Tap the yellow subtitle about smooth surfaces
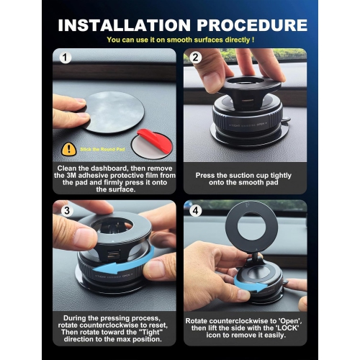click(x=179, y=41)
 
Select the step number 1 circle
click(x=66, y=57)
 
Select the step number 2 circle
click(x=195, y=57)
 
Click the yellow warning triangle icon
click(x=69, y=148)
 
